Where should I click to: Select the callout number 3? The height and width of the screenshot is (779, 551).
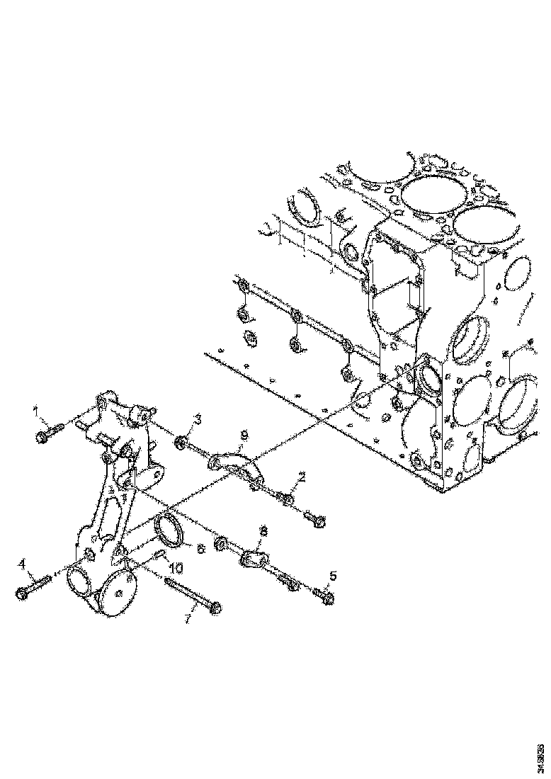click(x=198, y=420)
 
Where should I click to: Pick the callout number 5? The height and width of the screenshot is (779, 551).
click(x=333, y=576)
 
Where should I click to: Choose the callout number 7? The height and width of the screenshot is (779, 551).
click(x=186, y=619)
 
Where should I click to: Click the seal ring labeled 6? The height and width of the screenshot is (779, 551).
click(x=169, y=531)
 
